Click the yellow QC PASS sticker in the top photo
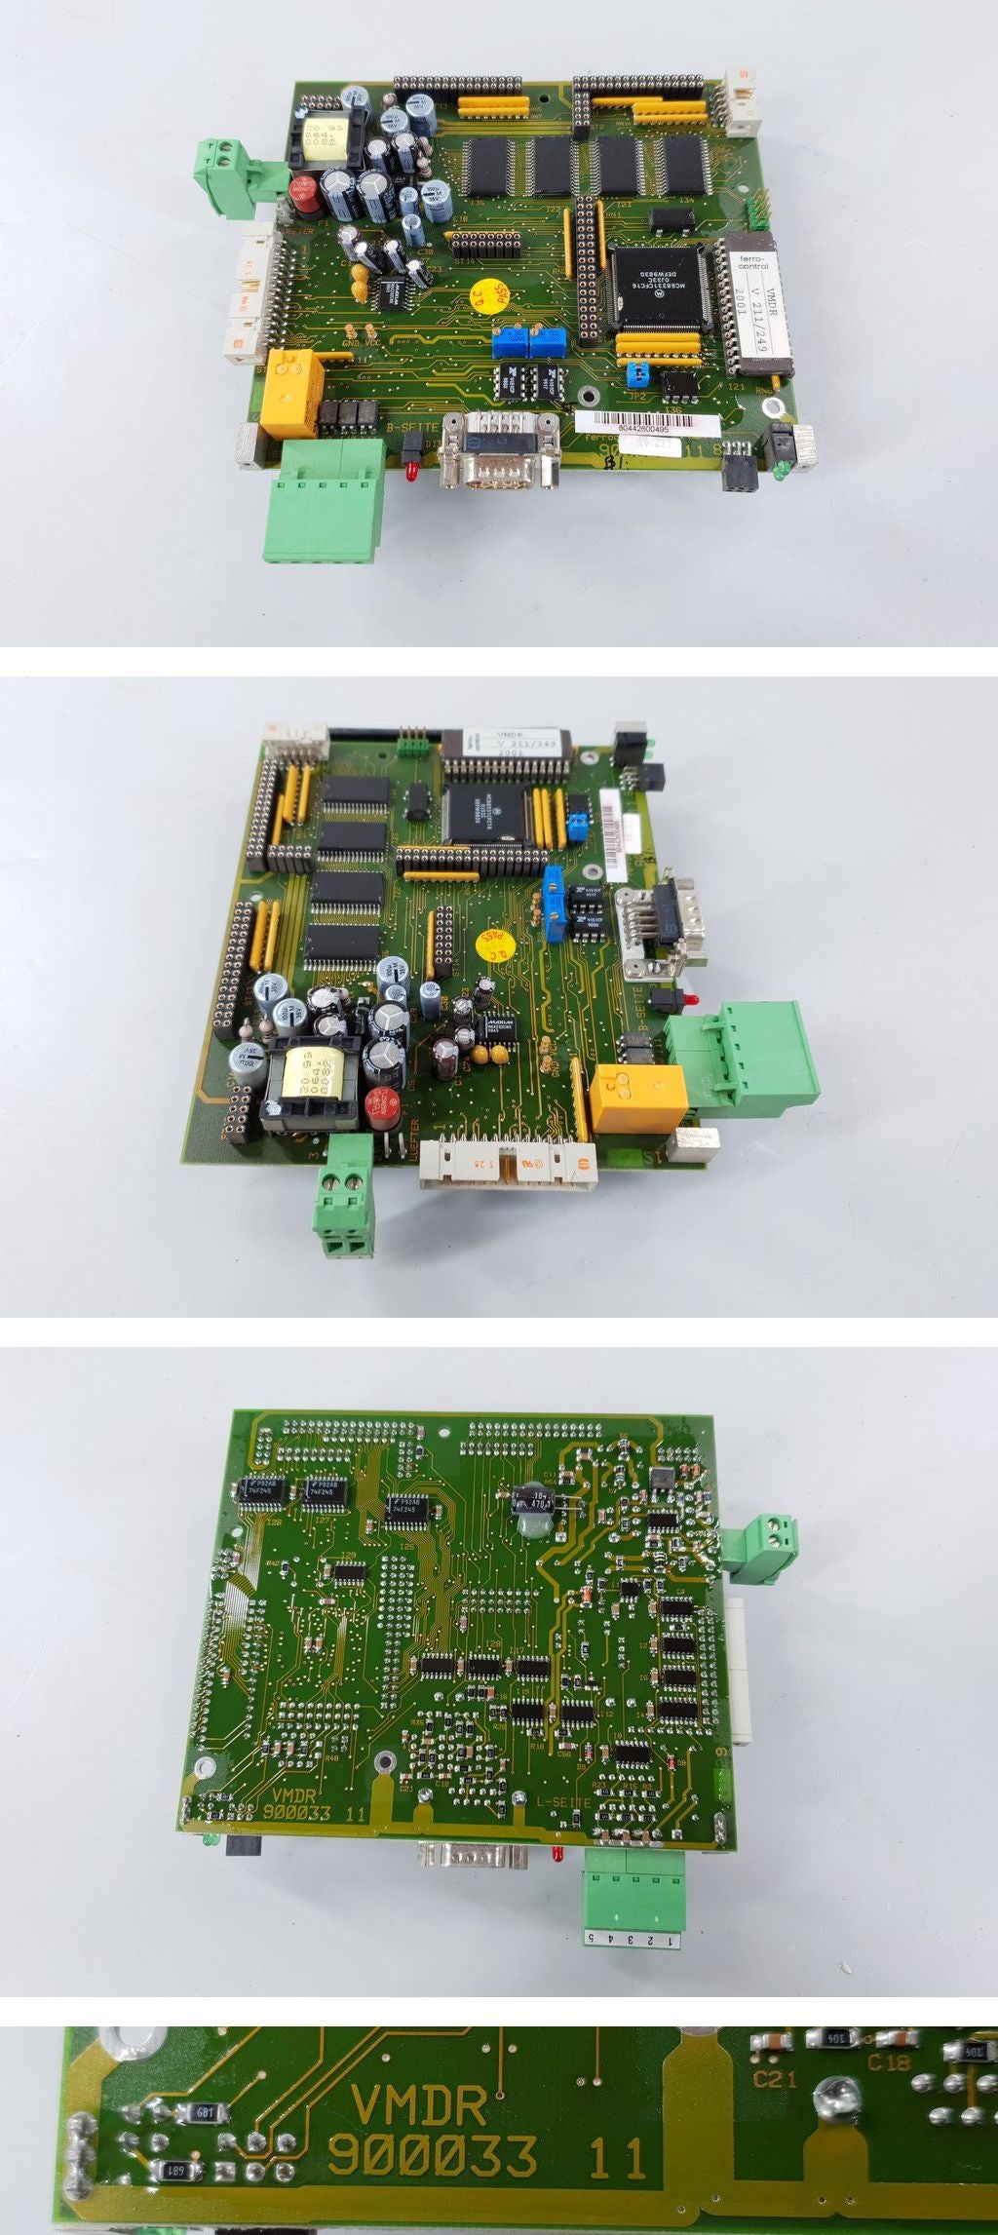pyautogui.click(x=488, y=296)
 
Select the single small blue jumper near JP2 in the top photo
pyautogui.click(x=639, y=372)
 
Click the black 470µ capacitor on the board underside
pyautogui.click(x=535, y=1503)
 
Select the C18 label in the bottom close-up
pyautogui.click(x=888, y=2063)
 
